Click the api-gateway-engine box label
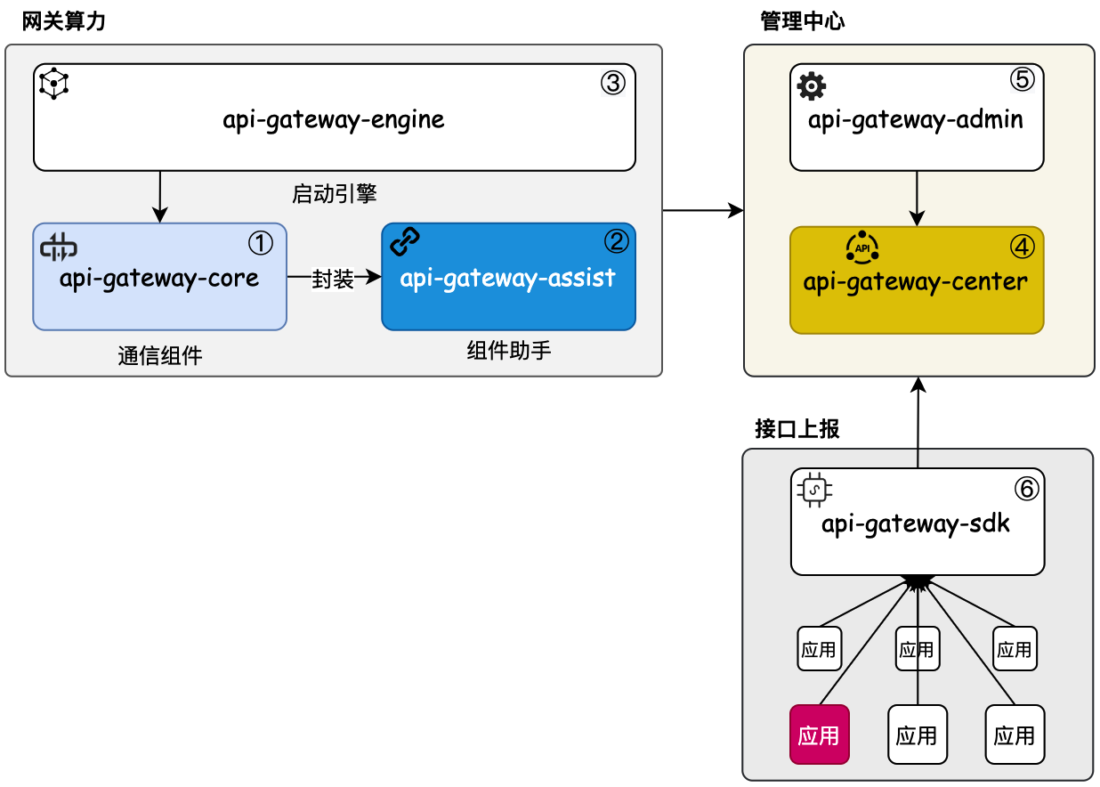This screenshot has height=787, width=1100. click(x=334, y=119)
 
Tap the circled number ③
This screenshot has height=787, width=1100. click(x=613, y=83)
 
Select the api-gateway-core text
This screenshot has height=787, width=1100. click(x=159, y=279)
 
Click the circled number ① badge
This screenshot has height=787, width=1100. click(x=260, y=242)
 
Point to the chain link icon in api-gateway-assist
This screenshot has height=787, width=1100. click(x=405, y=240)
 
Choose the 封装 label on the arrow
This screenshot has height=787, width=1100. click(x=333, y=280)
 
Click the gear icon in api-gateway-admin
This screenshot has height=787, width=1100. click(x=811, y=86)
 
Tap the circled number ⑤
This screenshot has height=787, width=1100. click(x=1022, y=80)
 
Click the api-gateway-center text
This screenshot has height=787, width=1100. click(x=916, y=282)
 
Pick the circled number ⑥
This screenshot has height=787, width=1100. click(x=1025, y=488)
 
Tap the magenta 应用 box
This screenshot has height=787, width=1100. click(x=819, y=734)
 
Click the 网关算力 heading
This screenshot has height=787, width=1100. click(x=64, y=21)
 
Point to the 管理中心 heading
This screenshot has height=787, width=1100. click(x=802, y=21)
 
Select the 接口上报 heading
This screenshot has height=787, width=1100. click(x=797, y=430)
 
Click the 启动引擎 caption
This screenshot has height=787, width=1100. click(x=334, y=193)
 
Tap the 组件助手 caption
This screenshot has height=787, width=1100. click(x=508, y=350)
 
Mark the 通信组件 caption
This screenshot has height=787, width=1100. click(x=159, y=356)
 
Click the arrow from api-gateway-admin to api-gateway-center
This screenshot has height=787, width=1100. click(x=918, y=198)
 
